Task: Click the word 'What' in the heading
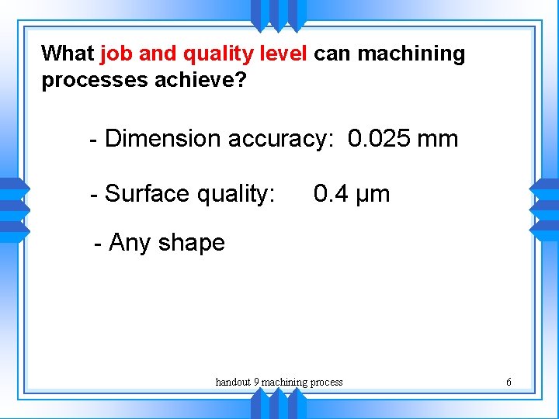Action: pyautogui.click(x=68, y=54)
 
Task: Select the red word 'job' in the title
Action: pyautogui.click(x=116, y=54)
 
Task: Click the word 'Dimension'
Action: pyautogui.click(x=163, y=139)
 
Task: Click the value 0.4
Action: pyautogui.click(x=331, y=193)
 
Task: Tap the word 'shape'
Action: pyautogui.click(x=191, y=244)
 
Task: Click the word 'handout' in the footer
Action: pyautogui.click(x=232, y=382)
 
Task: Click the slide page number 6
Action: pyautogui.click(x=509, y=382)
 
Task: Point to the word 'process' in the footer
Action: pyautogui.click(x=325, y=383)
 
